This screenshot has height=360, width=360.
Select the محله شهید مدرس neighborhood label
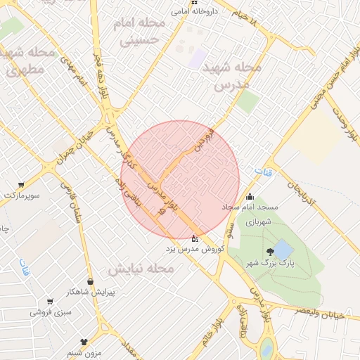(x=231, y=76)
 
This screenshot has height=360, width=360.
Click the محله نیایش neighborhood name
(x=141, y=269)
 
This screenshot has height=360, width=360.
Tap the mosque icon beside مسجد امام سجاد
(x=250, y=198)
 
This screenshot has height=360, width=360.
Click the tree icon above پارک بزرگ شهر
(x=270, y=252)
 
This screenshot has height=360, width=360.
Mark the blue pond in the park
(x=283, y=249)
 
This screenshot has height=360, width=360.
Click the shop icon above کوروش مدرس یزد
(x=195, y=239)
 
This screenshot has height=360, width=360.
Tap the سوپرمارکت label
(x=22, y=193)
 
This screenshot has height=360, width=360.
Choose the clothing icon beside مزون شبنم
(x=84, y=342)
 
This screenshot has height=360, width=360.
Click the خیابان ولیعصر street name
(x=321, y=314)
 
